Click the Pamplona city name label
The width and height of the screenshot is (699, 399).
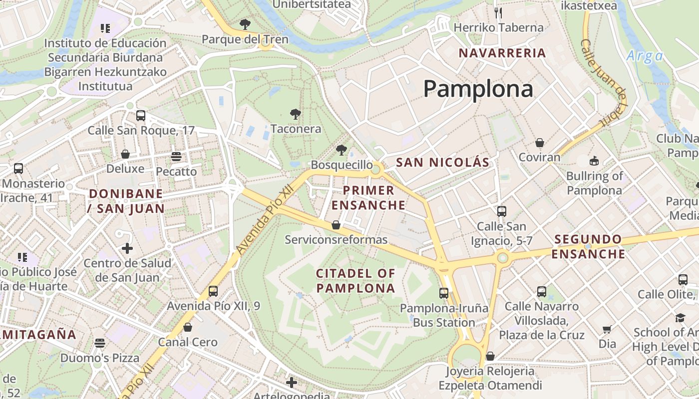[478, 89]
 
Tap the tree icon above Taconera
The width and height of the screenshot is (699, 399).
[295, 114]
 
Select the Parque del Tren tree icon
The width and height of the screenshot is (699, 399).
[245, 24]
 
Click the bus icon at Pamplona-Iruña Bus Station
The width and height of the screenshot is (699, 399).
[444, 293]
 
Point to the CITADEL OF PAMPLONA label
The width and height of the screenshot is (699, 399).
[355, 280]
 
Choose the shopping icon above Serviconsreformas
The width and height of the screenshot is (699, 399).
[336, 225]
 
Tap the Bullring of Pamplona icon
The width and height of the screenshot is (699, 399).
[594, 161]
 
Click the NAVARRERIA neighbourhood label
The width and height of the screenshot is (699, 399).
[502, 53]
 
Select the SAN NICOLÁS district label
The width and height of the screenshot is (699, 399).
[442, 162]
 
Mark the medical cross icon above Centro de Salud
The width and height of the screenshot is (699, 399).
[127, 248]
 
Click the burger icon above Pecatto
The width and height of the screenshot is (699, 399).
[176, 157]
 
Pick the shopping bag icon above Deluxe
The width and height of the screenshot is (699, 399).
[125, 154]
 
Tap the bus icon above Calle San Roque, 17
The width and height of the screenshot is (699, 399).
[141, 116]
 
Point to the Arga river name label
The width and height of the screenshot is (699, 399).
[645, 56]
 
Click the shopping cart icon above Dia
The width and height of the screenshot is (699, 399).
[607, 329]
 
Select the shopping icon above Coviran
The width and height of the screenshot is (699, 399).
[539, 143]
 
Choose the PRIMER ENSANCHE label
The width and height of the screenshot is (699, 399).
[368, 198]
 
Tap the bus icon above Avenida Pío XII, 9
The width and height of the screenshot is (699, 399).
[213, 291]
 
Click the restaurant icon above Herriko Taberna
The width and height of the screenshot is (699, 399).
[498, 12]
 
